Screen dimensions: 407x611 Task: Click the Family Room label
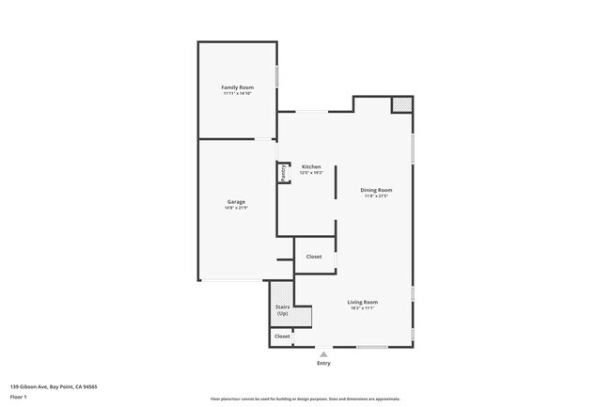pyautogui.click(x=237, y=87)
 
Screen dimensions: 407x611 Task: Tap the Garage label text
pyautogui.click(x=236, y=202)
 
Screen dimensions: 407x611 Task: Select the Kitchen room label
pyautogui.click(x=311, y=166)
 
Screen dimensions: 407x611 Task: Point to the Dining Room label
pyautogui.click(x=376, y=190)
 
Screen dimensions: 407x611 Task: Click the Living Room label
pyautogui.click(x=363, y=302)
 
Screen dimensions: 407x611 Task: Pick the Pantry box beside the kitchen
pyautogui.click(x=281, y=174)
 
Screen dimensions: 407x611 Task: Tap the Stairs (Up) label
pyautogui.click(x=282, y=309)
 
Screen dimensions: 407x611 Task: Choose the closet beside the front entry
pyautogui.click(x=282, y=336)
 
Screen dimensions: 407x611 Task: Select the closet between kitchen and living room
pyautogui.click(x=314, y=257)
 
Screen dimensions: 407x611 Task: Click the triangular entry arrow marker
pyautogui.click(x=323, y=354)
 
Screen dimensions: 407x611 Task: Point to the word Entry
pyautogui.click(x=323, y=363)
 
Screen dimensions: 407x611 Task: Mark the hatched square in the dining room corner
pyautogui.click(x=401, y=104)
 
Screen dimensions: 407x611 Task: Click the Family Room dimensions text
pyautogui.click(x=237, y=94)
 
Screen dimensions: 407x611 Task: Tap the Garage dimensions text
pyautogui.click(x=236, y=209)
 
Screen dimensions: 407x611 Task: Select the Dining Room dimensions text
pyautogui.click(x=376, y=196)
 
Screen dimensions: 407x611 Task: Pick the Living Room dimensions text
pyautogui.click(x=363, y=308)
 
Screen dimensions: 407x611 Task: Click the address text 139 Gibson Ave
pyautogui.click(x=54, y=386)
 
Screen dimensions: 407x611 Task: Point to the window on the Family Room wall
pyautogui.click(x=276, y=75)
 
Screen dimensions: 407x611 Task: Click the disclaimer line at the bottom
pyautogui.click(x=305, y=399)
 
